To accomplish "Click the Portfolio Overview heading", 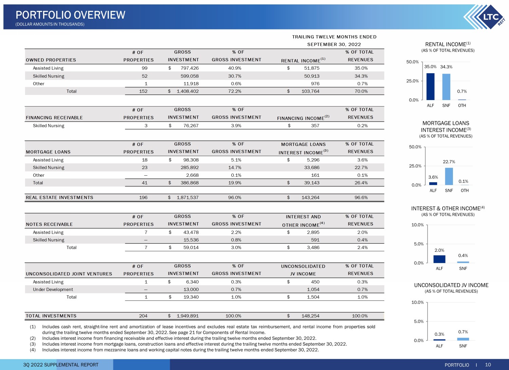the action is [71, 15].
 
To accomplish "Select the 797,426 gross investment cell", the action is [189, 68].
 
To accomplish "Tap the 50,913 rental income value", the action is [312, 76].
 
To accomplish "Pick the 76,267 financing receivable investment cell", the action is [191, 125].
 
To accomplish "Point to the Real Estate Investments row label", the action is [59, 198].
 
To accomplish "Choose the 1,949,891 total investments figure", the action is [187, 316].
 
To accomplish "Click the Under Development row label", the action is [53, 290].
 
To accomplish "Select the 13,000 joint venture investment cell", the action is [191, 290].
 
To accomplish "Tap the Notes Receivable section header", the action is [49, 225].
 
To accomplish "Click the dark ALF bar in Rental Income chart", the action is [430, 86].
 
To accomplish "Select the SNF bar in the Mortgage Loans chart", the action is [449, 176].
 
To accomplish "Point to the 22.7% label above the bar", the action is [449, 162].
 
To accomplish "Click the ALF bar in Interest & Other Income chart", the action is [439, 259].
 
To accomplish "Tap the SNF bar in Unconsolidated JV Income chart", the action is [463, 339].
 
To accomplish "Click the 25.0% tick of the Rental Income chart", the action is [412, 81].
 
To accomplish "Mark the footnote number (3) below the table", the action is [33, 344].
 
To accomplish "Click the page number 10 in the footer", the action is [488, 365].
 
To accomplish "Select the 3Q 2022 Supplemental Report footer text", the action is [61, 365].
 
